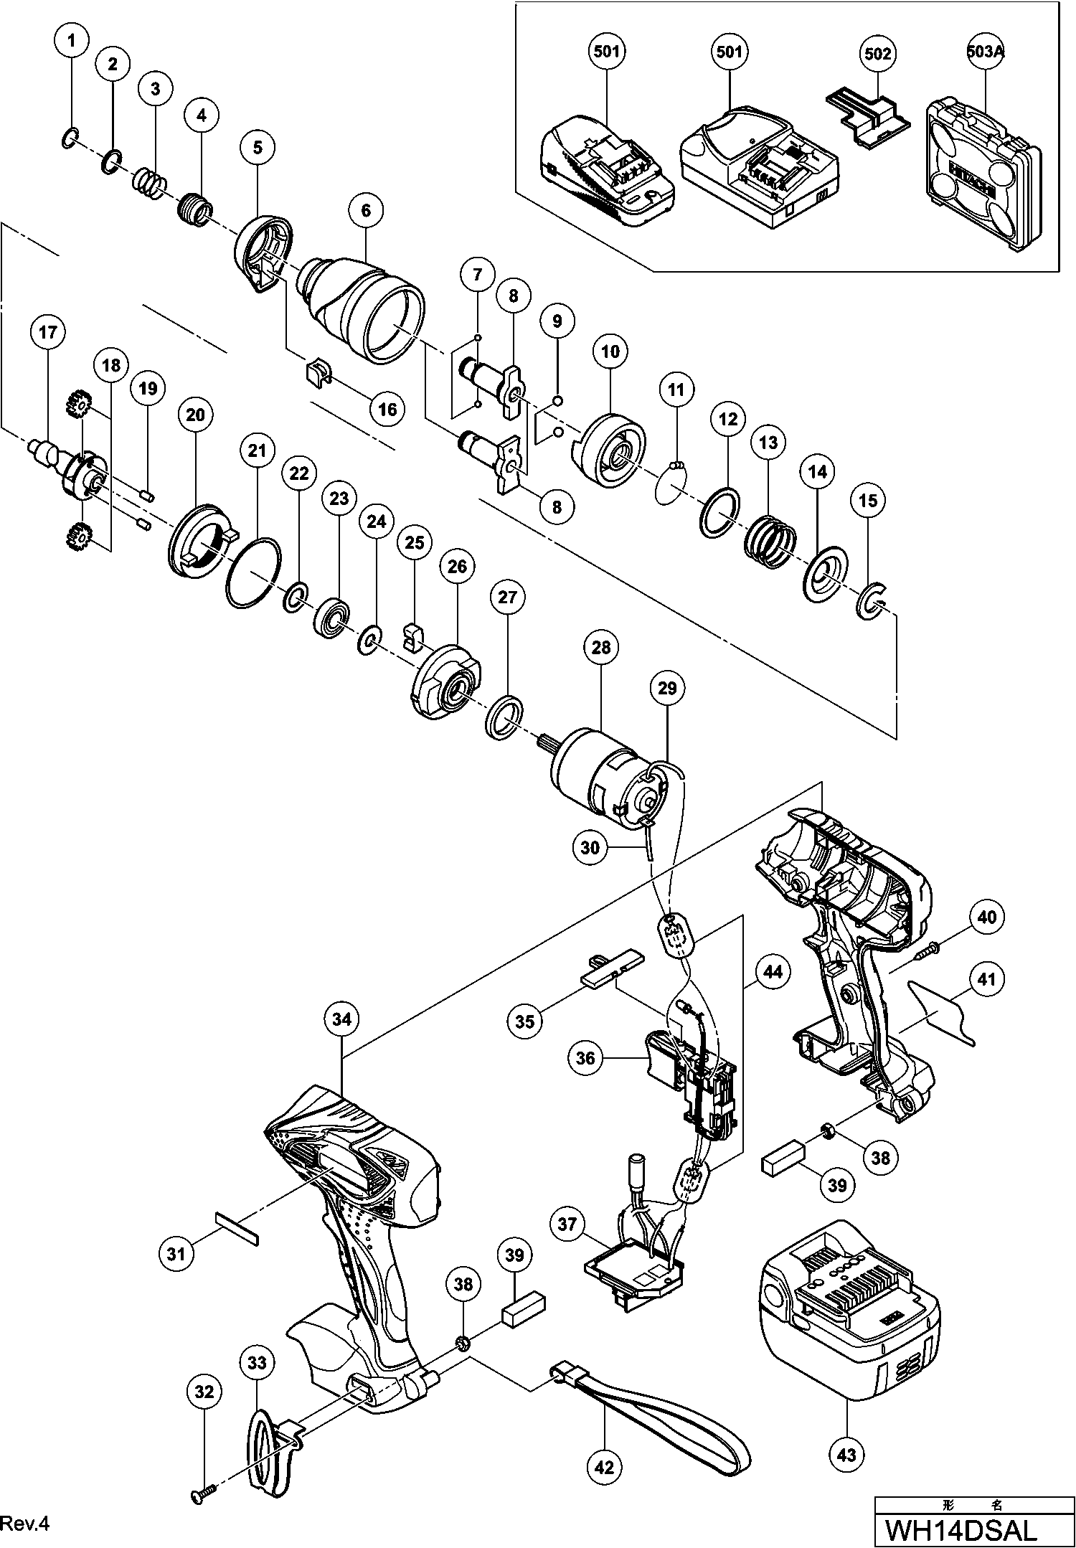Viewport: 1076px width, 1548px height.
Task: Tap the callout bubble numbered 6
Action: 366,210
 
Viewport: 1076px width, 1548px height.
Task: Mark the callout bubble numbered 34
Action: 341,1019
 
